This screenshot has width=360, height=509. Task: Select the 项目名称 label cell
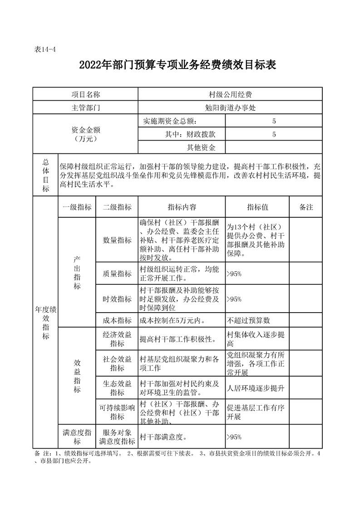pos(85,94)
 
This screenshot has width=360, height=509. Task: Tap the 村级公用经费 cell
pos(230,94)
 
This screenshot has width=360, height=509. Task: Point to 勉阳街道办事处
pos(230,108)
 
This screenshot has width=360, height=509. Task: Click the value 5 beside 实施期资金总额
pos(274,121)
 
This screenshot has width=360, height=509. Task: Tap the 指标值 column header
pos(258,207)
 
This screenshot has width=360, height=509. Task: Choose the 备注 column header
pos(306,207)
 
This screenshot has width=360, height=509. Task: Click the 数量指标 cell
pos(117,240)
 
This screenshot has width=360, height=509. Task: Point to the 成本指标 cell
pos(117,320)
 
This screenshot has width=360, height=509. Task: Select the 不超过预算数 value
pos(249,320)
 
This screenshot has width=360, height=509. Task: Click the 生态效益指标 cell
pos(117,388)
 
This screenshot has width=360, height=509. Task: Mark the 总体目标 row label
pos(45,175)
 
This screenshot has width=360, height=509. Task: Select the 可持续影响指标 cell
pos(117,412)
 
